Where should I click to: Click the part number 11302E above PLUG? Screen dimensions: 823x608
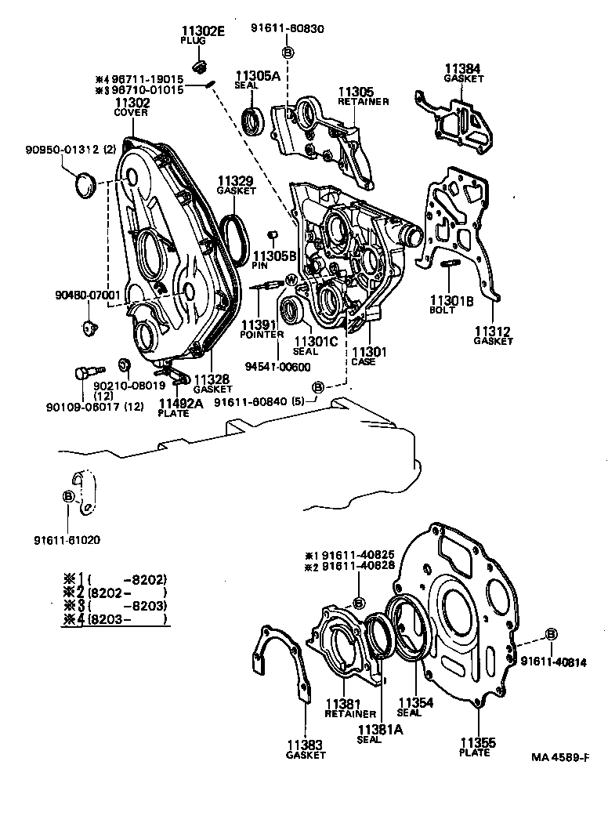coord(203,31)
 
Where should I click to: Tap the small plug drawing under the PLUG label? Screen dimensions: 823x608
coord(200,63)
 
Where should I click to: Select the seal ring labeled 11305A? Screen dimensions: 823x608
coord(252,121)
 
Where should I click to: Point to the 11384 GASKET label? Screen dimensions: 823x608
coord(464,73)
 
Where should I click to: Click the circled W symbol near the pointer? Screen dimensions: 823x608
coord(291,279)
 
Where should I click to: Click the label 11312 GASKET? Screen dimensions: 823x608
coord(493,335)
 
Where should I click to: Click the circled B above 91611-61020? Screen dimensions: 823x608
coord(68,496)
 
